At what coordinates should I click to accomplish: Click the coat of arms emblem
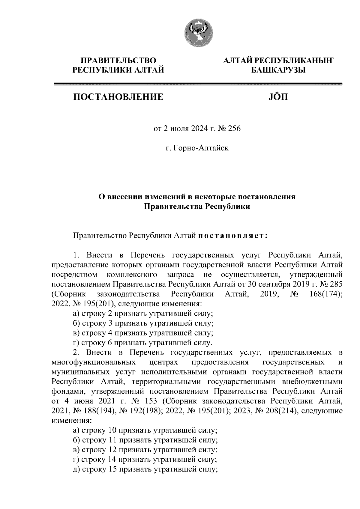pyautogui.click(x=199, y=34)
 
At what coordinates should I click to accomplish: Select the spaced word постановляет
pyautogui.click(x=232, y=236)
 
